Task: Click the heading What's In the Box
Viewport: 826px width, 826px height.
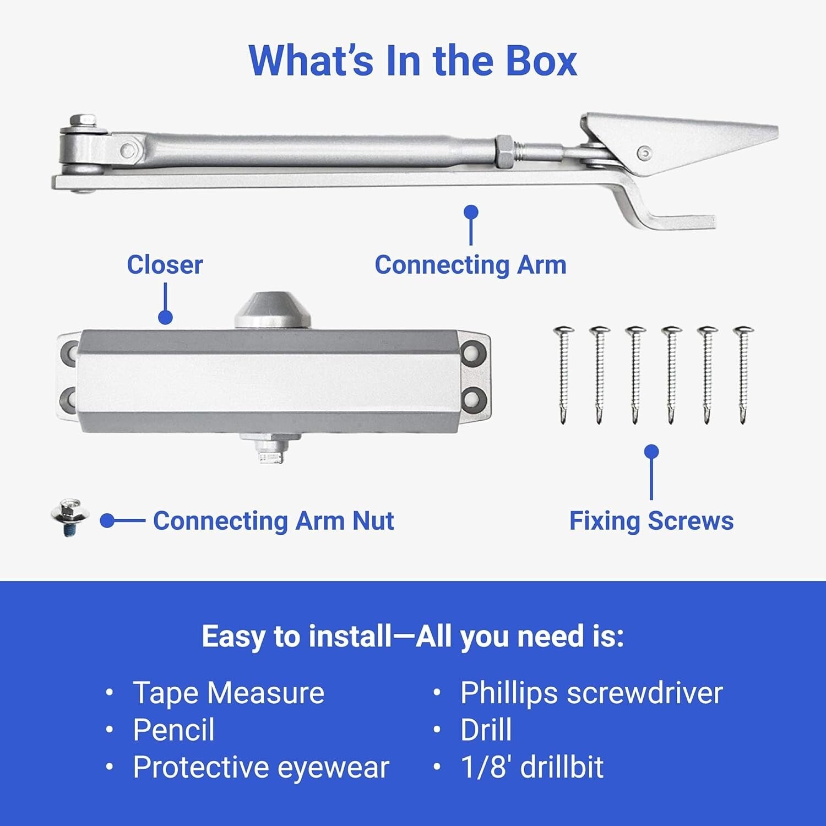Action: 412,61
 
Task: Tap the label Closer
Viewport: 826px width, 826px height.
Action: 165,265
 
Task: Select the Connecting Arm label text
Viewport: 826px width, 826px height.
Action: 470,265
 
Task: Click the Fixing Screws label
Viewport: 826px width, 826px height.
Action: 651,521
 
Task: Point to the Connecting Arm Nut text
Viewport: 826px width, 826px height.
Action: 273,521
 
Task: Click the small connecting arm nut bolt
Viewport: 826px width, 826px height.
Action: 68,517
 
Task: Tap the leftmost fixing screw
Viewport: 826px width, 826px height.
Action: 563,374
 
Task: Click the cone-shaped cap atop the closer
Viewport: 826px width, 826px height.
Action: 273,312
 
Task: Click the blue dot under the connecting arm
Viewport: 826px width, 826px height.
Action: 471,212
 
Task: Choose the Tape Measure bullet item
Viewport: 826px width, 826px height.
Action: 228,693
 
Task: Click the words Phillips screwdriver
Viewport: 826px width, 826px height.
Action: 591,693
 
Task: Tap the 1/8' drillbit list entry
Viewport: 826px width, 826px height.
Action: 532,767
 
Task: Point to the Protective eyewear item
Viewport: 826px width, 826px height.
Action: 260,767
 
